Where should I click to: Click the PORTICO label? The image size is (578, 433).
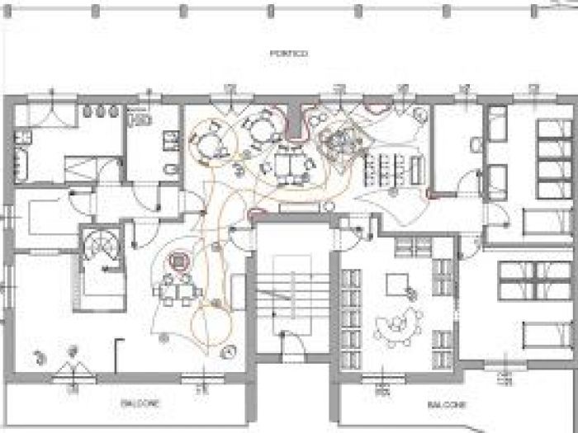point(288,54)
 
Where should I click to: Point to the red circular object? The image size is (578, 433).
point(178,263)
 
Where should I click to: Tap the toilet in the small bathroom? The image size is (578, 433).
point(168,171)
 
